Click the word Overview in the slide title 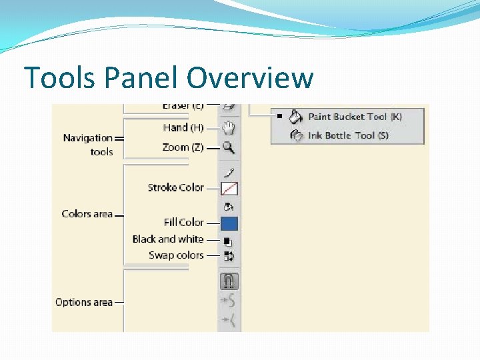click(250, 78)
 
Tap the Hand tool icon click(229, 127)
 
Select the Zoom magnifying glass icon click(229, 148)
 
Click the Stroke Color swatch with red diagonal click(229, 189)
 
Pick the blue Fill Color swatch click(229, 223)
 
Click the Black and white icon click(229, 241)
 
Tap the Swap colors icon click(229, 255)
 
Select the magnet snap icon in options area click(229, 281)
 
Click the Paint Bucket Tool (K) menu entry click(355, 117)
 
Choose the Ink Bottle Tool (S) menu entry click(348, 135)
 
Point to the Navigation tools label click(88, 145)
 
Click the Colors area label click(87, 214)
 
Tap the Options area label click(84, 302)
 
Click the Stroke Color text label click(175, 188)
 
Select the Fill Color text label click(183, 223)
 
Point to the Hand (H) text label click(183, 127)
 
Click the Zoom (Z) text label click(183, 147)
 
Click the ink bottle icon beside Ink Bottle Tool click(296, 135)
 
